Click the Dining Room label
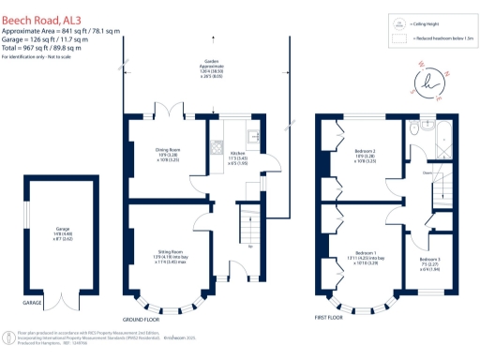coord(173,157)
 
